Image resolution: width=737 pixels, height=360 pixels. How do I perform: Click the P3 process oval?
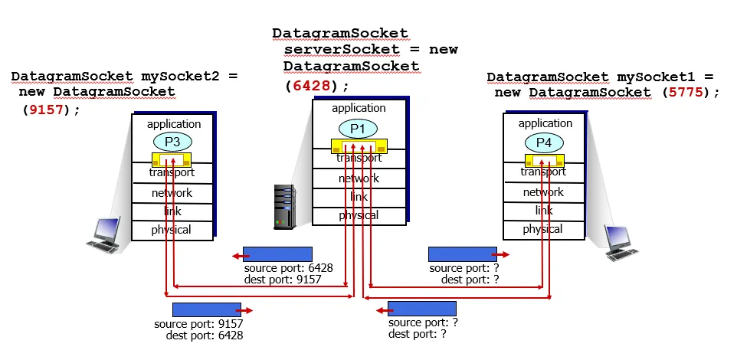point(173,141)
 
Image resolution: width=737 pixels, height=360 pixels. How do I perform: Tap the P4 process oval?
point(544,142)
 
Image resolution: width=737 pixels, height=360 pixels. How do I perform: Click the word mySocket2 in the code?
point(182,77)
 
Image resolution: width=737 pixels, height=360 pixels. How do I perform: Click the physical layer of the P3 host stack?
point(171,229)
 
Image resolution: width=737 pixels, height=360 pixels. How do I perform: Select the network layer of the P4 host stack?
point(543,192)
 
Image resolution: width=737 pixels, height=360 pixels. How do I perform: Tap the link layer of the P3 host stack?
point(171,211)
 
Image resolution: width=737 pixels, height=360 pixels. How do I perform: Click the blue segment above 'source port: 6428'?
point(277,254)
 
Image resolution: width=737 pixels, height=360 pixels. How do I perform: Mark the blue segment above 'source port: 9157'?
point(207,309)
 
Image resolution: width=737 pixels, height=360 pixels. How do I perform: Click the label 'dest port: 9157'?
point(283,280)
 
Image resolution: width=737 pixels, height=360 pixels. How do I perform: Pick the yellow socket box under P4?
point(544,161)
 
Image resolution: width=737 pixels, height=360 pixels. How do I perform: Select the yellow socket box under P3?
point(172,161)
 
